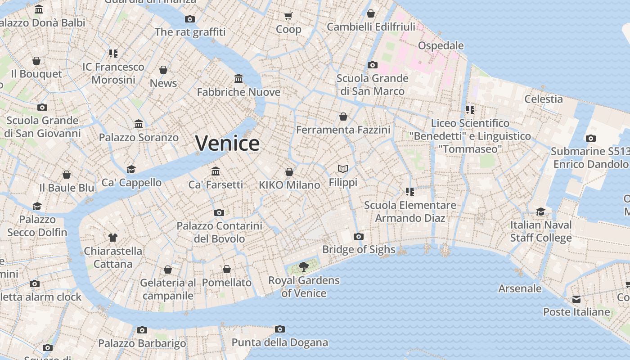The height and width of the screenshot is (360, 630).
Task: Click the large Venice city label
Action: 227,143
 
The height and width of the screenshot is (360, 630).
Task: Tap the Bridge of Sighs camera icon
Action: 359,236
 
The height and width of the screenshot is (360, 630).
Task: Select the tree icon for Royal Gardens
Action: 304,267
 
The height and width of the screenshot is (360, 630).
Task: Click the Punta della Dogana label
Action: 279,342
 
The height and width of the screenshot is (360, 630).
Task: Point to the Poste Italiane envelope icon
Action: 576,299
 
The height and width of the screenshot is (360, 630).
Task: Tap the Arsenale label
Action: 520,288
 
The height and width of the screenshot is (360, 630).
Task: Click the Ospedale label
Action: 441,45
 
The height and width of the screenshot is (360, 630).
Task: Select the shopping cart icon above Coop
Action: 288,16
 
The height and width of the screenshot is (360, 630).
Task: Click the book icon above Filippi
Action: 343,169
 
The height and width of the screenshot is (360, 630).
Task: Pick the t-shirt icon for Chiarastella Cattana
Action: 113,238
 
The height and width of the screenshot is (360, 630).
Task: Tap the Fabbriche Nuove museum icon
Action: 238,79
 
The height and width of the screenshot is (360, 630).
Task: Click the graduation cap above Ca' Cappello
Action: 131,169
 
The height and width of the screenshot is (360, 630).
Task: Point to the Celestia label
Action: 544,99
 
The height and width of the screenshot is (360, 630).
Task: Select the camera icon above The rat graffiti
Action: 190,19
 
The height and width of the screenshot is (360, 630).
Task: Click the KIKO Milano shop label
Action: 289,185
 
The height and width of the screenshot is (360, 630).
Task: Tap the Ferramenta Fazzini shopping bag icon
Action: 343,117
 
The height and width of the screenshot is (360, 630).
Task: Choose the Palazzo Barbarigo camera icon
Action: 142,330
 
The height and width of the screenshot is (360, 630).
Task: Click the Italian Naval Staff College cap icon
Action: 540,211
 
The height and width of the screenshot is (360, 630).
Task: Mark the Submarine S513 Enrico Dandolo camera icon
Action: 591,138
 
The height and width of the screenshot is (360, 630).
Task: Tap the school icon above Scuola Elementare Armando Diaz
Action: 409,192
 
